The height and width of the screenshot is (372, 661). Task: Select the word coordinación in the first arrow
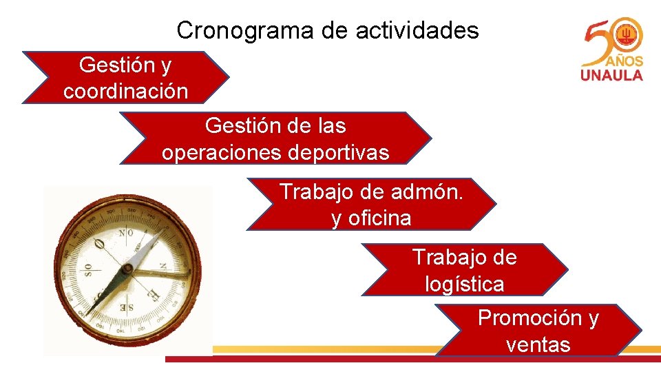click(x=125, y=92)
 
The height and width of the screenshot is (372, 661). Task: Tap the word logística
click(x=464, y=283)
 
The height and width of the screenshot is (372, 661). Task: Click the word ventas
click(x=538, y=344)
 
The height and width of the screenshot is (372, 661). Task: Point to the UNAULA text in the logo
click(x=612, y=75)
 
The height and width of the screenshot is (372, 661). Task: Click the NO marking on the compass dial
click(x=125, y=233)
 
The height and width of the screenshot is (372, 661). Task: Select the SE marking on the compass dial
click(x=126, y=306)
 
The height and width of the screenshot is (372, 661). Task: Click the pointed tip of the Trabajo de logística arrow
click(x=567, y=269)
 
